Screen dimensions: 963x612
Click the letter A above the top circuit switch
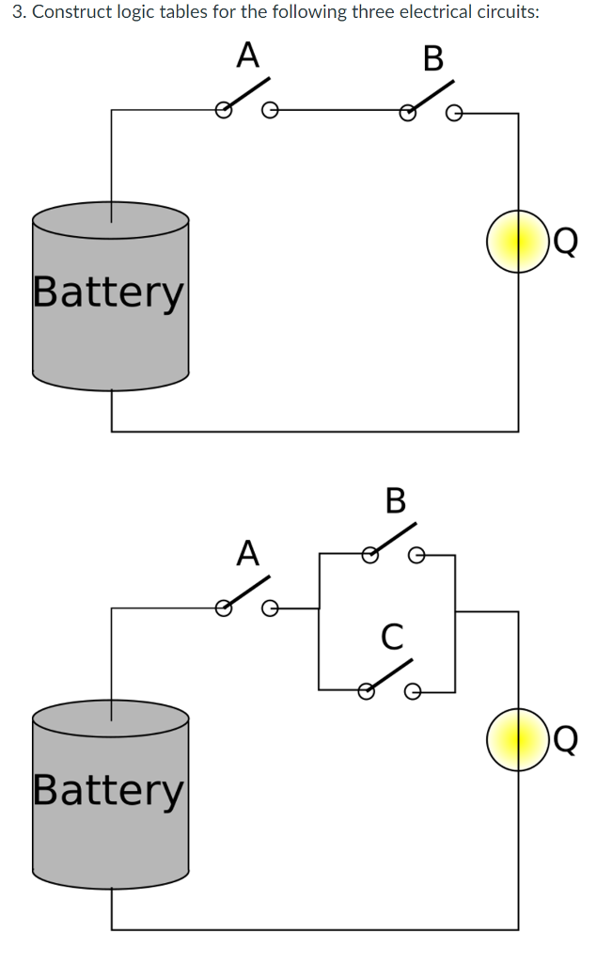246,55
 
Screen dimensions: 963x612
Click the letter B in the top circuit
432,58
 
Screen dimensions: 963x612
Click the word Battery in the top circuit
109,292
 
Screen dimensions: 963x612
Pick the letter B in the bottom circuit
395,500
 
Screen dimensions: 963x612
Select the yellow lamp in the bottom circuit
516,738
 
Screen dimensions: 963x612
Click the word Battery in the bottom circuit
109,789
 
